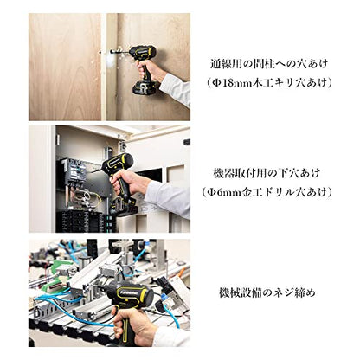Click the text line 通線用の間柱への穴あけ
[269, 64]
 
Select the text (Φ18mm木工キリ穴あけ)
[268, 83]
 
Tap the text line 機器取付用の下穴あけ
[267, 173]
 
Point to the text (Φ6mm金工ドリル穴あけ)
[267, 192]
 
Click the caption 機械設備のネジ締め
[267, 292]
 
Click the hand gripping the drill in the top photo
[151, 71]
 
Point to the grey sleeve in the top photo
[176, 88]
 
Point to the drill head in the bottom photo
[131, 294]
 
